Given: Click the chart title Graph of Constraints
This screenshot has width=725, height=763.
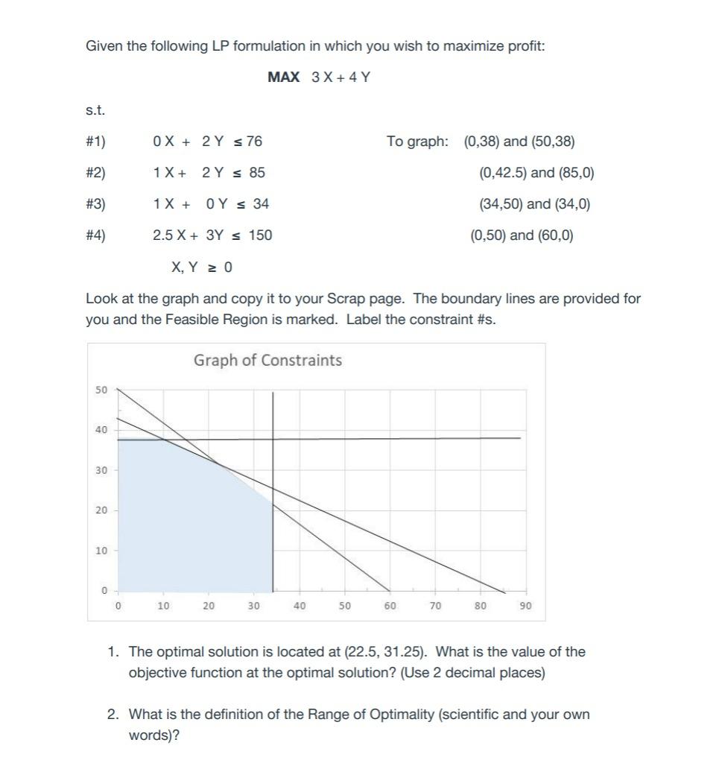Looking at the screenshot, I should point(267,361).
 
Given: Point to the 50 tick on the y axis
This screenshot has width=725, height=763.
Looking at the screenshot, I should point(101,390).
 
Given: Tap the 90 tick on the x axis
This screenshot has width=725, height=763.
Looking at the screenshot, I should point(525,607).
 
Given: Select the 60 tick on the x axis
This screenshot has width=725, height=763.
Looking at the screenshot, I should point(390,607).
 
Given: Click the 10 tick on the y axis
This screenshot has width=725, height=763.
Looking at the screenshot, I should point(101,551).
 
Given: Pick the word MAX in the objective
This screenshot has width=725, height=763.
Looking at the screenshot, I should point(283,77).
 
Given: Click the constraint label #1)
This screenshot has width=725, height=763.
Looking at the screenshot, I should point(96,142).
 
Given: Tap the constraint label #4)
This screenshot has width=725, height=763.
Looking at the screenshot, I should point(96,235).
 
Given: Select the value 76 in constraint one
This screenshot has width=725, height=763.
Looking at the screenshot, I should point(254,142).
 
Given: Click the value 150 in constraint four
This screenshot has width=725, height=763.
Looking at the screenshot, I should point(260,235).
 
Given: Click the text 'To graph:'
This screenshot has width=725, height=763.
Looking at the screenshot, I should point(417,142).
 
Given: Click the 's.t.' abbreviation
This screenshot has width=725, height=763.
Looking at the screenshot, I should point(95,110).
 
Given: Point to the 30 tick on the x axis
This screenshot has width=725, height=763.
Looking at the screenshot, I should point(253,607).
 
